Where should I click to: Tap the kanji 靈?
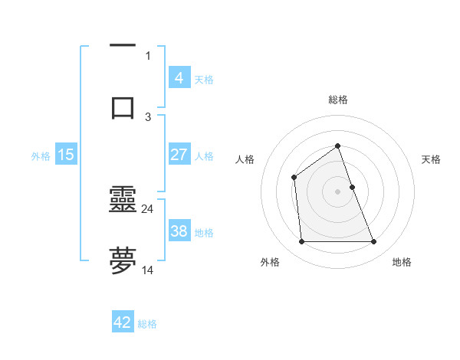coord(123,200)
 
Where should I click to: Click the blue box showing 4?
coord(179,77)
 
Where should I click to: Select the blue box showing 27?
coord(179,155)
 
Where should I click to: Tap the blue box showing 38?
coord(179,231)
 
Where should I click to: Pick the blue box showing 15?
coord(66,155)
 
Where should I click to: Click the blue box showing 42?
coord(123,322)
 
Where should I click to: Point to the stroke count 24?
coord(148,208)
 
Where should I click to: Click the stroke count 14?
coord(148,270)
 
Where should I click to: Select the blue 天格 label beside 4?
coord(204,79)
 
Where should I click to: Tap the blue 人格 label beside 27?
coord(204,155)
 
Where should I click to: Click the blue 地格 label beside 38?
coord(204,232)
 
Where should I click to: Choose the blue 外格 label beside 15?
coord(41,155)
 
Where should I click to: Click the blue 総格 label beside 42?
coord(147,324)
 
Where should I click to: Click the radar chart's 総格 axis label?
coord(337,100)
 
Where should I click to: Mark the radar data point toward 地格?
coord(374,242)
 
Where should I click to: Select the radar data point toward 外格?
coord(301,242)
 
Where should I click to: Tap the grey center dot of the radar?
coord(337,191)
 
